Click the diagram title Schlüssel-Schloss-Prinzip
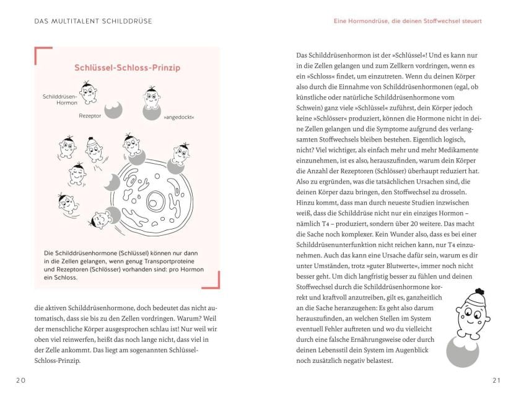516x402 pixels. click(127, 68)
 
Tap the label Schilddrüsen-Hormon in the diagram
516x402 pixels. click(60, 100)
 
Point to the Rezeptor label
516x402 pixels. click(89, 115)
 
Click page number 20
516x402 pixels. click(21, 380)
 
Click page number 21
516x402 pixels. click(496, 380)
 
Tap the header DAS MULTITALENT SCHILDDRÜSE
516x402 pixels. click(94, 21)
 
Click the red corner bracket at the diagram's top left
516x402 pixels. click(42, 54)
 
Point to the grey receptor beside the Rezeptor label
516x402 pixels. click(113, 110)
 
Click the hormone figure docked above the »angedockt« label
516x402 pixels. click(152, 99)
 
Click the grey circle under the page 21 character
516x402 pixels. click(462, 351)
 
